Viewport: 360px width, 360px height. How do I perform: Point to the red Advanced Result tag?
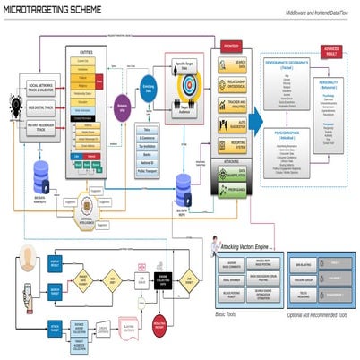331,50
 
